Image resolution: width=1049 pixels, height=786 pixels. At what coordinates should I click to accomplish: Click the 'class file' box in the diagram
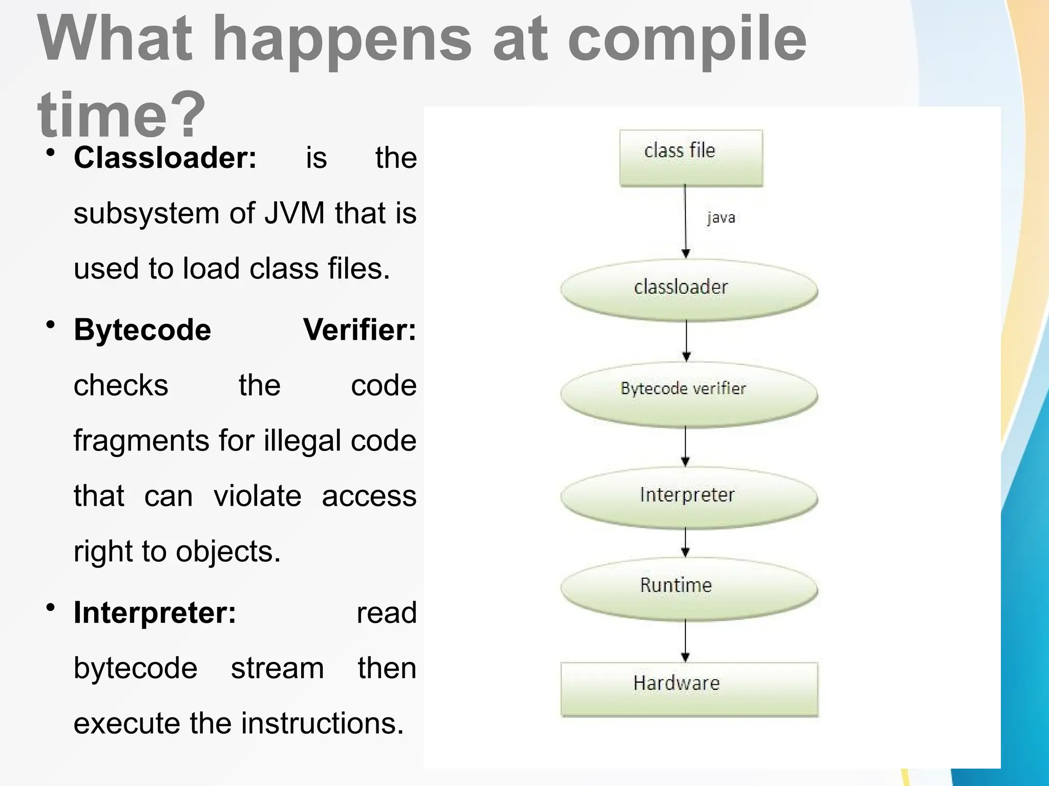click(x=690, y=157)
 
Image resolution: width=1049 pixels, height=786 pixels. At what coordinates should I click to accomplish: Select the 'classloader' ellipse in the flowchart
click(x=688, y=290)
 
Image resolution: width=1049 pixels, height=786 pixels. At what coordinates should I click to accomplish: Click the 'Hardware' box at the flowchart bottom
click(x=689, y=689)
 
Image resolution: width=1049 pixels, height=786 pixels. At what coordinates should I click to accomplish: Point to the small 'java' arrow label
click(x=721, y=217)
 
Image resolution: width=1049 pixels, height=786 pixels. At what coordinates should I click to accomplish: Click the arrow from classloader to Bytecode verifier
click(x=686, y=341)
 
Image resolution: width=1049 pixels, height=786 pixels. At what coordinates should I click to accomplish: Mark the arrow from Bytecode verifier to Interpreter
click(x=685, y=446)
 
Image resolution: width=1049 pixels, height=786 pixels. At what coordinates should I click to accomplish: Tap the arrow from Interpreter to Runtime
click(x=685, y=542)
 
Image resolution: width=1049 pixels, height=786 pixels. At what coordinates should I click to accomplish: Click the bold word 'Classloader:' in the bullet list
click(x=165, y=158)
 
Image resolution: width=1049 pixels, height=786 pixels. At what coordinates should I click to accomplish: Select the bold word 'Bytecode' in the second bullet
click(x=142, y=330)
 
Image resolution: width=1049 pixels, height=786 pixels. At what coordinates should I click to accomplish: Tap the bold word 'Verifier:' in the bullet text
click(x=360, y=330)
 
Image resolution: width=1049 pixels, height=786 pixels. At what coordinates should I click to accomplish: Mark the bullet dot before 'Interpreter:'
click(x=50, y=607)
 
